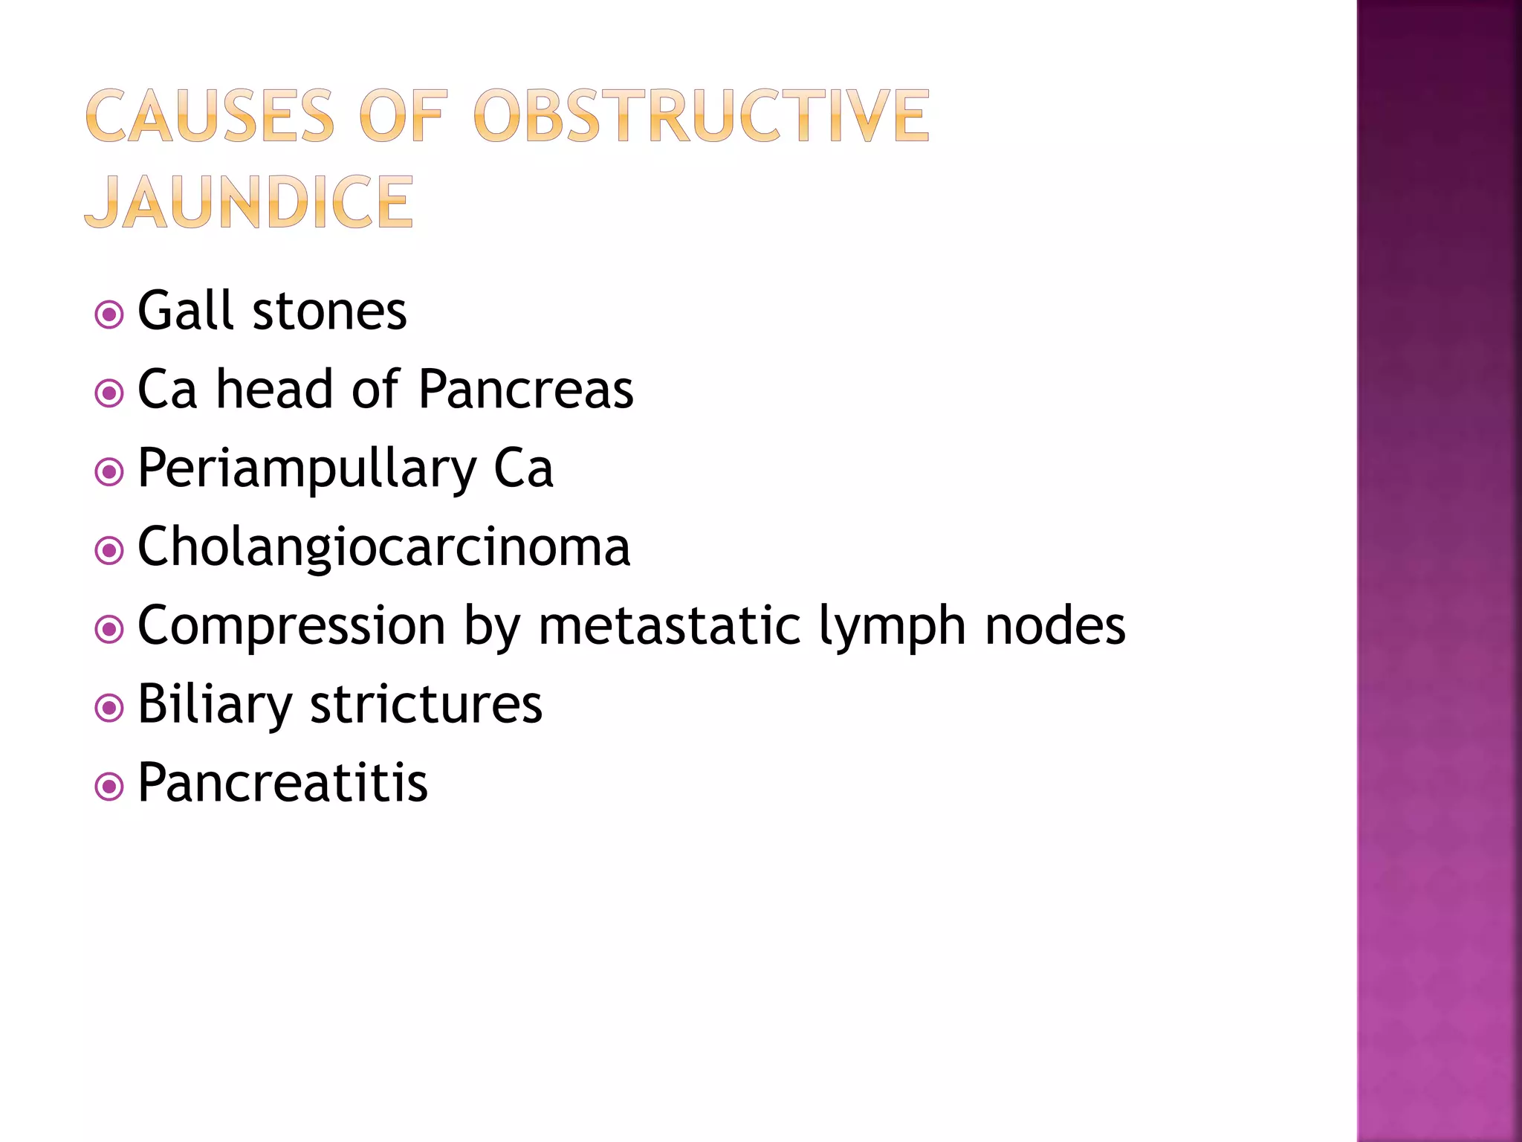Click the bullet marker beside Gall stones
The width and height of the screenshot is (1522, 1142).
pyautogui.click(x=109, y=314)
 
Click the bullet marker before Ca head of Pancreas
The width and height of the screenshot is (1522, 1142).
pyautogui.click(x=109, y=393)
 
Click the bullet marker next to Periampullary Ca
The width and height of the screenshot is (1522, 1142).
pyautogui.click(x=109, y=472)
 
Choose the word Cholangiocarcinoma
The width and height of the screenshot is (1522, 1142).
pyautogui.click(x=383, y=547)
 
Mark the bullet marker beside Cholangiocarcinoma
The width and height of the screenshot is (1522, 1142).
pyautogui.click(x=109, y=551)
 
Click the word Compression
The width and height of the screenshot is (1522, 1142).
pyautogui.click(x=291, y=626)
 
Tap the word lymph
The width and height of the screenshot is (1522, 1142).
pyautogui.click(x=892, y=626)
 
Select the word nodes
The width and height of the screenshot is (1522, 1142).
pyautogui.click(x=1055, y=626)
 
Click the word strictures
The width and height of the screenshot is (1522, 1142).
pyautogui.click(x=426, y=704)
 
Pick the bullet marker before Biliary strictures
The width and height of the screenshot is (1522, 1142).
pyautogui.click(x=109, y=709)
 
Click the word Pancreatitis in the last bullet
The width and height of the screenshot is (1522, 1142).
pyautogui.click(x=282, y=783)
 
